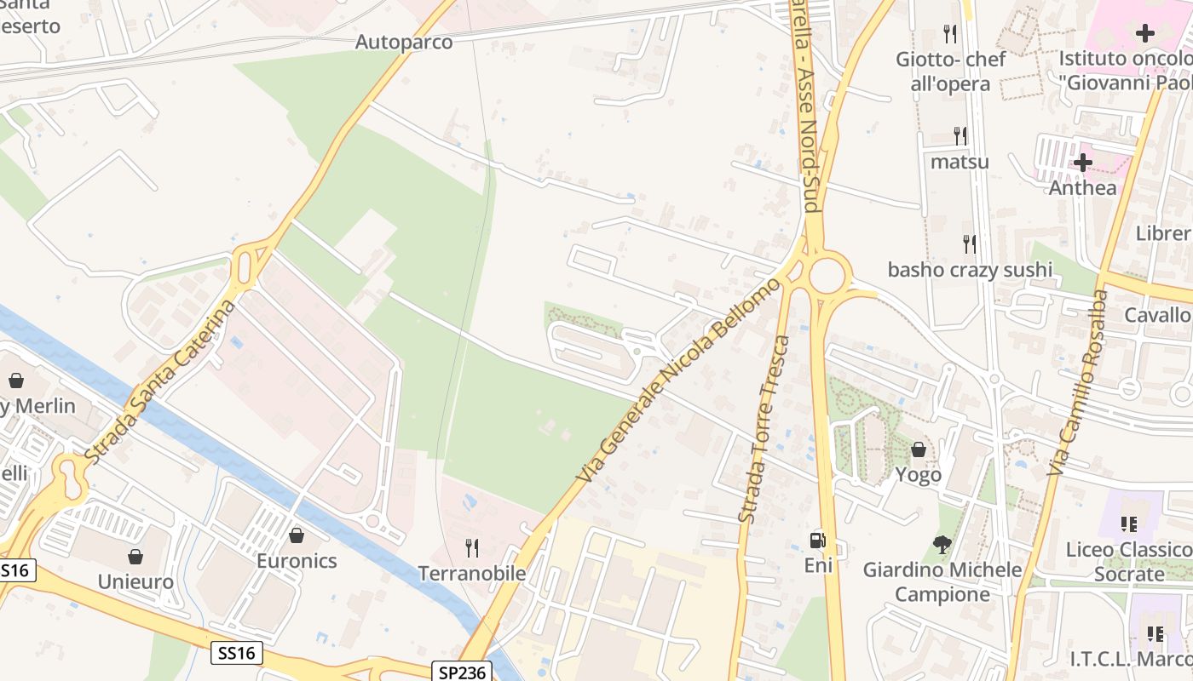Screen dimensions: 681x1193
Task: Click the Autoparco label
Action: (x=404, y=42)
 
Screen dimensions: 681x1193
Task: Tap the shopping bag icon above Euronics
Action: (x=297, y=535)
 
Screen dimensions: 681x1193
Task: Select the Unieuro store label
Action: (x=135, y=582)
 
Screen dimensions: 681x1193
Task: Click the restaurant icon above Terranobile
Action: (x=471, y=547)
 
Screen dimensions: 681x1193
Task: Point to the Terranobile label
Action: (x=471, y=573)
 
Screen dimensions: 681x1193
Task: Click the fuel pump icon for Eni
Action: (x=817, y=540)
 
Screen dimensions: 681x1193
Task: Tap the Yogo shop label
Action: (x=919, y=474)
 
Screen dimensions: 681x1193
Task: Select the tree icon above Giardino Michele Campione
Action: (x=942, y=544)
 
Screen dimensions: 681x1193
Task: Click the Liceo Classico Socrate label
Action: (x=1128, y=562)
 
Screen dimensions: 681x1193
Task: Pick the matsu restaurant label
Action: (x=960, y=161)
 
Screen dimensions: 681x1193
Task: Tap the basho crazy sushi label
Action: (x=970, y=270)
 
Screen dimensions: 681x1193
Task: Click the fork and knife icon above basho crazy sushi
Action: (x=970, y=244)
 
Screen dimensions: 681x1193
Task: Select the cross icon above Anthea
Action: (x=1082, y=162)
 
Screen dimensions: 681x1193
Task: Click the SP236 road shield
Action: (x=463, y=672)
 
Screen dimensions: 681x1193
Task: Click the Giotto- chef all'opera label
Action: (x=950, y=72)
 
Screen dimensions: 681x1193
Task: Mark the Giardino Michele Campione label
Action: (x=942, y=581)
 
